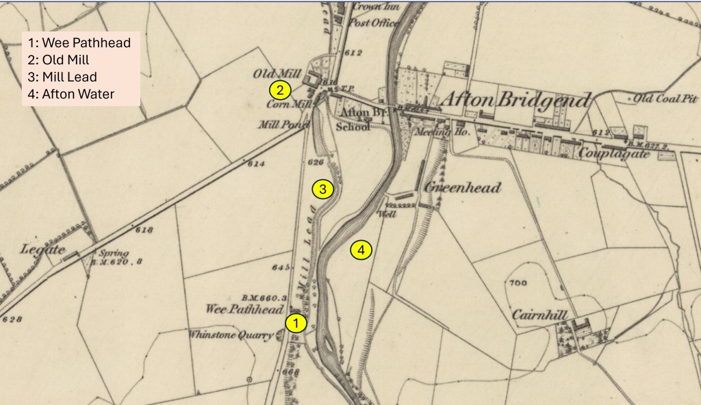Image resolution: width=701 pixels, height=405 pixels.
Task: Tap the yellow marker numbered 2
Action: [280, 90]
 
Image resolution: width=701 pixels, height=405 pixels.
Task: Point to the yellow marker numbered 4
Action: [361, 250]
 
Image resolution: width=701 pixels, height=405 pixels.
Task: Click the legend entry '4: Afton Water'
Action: [71, 94]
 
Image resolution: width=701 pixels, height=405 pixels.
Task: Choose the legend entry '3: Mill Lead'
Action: [63, 77]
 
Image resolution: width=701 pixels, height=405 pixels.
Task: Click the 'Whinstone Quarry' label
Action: [231, 335]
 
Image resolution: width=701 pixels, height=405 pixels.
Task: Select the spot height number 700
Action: [518, 283]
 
